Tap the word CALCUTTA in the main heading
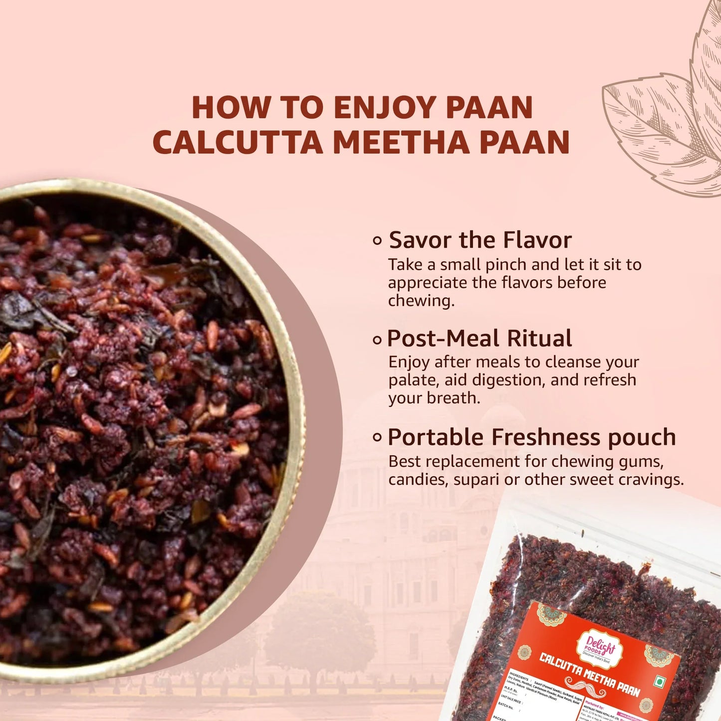pos(238,143)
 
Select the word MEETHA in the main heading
pos(401,143)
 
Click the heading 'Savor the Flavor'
pos(480,240)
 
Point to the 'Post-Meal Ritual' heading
pos(480,338)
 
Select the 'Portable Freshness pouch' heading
pos(532,437)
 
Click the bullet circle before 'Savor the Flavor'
pos(377,241)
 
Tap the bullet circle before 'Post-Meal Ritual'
pos(377,340)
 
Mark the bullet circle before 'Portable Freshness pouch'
pos(377,438)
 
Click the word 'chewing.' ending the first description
pos(421,300)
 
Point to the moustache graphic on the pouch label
pos(584,685)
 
